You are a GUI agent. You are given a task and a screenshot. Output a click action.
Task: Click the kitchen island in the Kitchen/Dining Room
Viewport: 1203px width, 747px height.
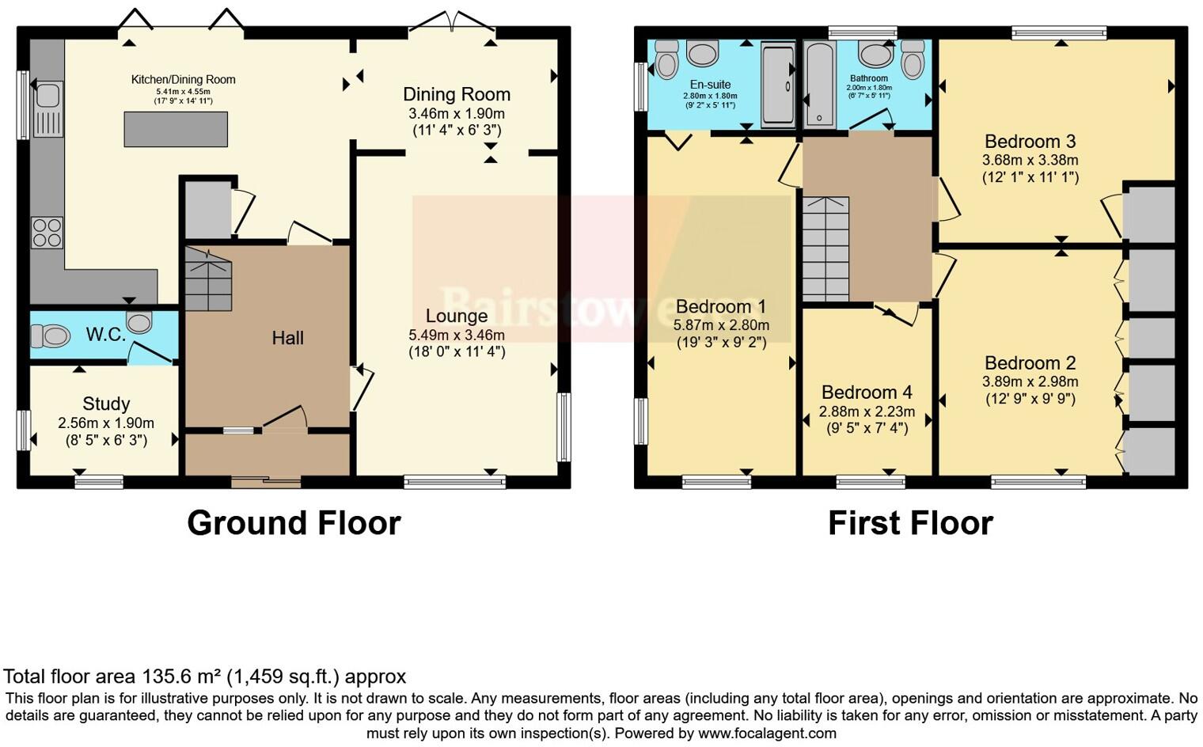point(176,129)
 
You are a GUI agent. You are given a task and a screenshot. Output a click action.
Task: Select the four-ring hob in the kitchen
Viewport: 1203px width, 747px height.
point(47,232)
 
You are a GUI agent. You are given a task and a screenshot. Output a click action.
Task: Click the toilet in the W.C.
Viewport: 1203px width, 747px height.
point(50,336)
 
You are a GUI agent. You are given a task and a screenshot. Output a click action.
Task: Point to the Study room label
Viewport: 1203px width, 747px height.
point(106,404)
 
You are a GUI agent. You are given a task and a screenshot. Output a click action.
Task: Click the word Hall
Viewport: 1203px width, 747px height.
point(287,338)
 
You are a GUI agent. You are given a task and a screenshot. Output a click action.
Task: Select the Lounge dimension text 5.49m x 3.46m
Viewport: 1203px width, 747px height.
point(457,335)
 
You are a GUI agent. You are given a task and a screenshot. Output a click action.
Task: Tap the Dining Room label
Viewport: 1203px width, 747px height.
point(457,94)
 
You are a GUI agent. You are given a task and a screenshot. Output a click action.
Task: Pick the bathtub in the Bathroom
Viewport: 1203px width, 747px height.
point(819,85)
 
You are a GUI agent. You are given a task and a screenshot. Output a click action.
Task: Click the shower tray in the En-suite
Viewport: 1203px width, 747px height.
point(777,85)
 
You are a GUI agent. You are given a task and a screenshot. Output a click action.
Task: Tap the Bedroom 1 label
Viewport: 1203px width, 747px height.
point(720,306)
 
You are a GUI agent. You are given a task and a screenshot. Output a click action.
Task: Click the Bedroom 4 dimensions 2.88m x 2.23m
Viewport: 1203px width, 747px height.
point(867,411)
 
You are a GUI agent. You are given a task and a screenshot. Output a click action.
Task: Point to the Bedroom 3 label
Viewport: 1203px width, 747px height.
point(1030,142)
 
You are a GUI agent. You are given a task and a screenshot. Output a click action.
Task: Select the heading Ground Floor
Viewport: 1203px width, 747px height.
point(294,523)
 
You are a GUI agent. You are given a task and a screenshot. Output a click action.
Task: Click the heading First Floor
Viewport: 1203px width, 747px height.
point(910,523)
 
